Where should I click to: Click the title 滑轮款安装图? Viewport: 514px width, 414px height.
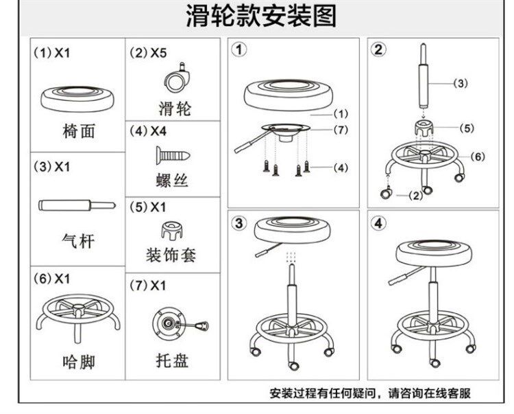(261, 16)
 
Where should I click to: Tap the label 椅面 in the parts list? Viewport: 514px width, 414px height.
(78, 132)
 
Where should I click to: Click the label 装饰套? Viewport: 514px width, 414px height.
(171, 255)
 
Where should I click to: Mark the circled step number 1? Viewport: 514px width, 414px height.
(239, 49)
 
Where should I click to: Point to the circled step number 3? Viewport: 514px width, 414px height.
(239, 224)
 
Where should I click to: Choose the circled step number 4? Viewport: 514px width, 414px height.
(379, 224)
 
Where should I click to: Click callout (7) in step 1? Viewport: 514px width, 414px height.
(341, 130)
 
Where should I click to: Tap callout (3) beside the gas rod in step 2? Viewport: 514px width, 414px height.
(461, 84)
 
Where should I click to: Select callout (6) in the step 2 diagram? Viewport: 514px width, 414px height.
(478, 157)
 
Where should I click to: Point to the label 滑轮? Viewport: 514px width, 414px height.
(171, 108)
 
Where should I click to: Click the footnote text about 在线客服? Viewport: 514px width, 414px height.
(370, 393)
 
